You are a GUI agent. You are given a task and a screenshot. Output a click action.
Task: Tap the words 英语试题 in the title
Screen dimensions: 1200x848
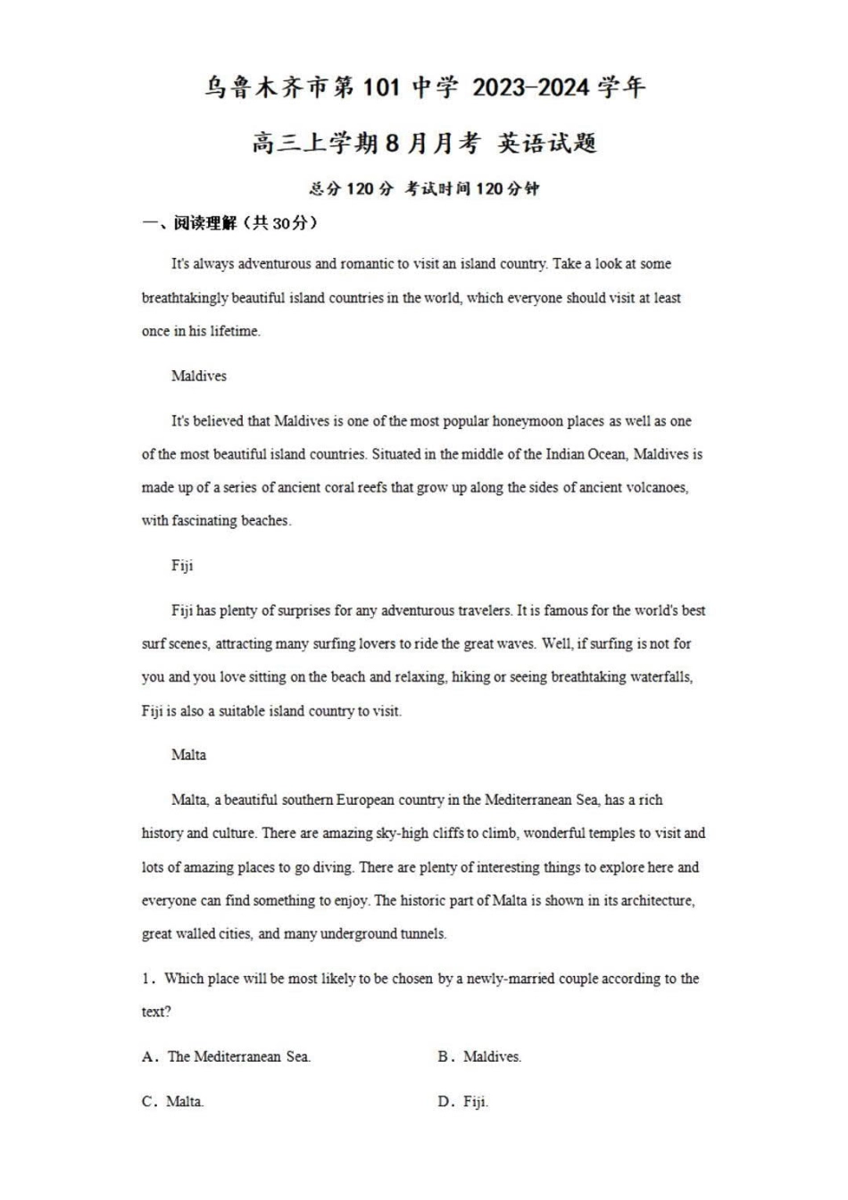(547, 143)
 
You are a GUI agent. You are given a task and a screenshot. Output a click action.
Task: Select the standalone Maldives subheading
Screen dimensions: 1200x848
(199, 376)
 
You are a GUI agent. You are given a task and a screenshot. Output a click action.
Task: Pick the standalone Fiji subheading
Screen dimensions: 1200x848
(182, 566)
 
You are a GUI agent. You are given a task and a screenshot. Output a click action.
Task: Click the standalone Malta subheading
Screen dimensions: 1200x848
(188, 755)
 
